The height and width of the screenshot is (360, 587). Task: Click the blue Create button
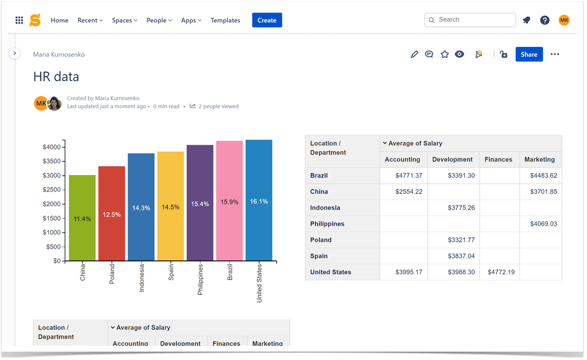[x=267, y=20]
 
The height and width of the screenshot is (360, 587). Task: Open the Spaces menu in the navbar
[x=125, y=21]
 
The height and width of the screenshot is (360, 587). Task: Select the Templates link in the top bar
[x=225, y=21]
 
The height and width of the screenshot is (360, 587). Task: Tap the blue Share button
[x=529, y=55]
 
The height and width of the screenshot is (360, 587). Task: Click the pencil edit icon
[x=414, y=55]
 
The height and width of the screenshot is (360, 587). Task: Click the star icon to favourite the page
[x=445, y=55]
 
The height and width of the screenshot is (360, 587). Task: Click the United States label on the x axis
[x=259, y=282]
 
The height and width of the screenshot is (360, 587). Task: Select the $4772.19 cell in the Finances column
[x=501, y=272]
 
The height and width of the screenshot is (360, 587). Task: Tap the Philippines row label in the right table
[x=327, y=224]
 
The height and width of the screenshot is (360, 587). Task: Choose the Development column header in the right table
[x=452, y=159]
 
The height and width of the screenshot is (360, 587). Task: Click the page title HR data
[x=56, y=77]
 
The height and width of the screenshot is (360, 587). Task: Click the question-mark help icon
[x=545, y=21]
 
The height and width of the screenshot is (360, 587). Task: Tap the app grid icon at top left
[x=19, y=21]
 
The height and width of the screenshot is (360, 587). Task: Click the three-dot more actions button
[x=555, y=55]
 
